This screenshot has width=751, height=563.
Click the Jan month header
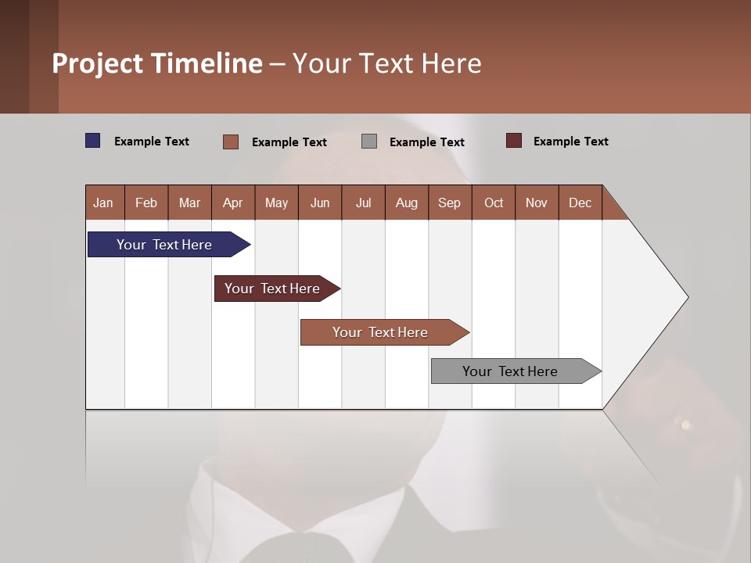(x=103, y=203)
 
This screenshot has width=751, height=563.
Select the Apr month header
(x=232, y=203)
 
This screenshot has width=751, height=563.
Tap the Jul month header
(x=363, y=203)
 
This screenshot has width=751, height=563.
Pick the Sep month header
(x=449, y=203)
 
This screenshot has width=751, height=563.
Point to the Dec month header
(x=580, y=203)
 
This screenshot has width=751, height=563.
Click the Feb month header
(x=146, y=203)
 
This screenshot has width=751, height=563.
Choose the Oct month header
(x=494, y=203)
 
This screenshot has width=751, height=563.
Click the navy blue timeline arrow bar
(x=165, y=245)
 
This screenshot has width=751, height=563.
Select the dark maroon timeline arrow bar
(x=273, y=289)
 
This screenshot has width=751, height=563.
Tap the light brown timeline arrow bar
(x=381, y=332)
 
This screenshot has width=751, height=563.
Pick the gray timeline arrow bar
(x=511, y=371)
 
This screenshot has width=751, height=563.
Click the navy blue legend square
(x=93, y=141)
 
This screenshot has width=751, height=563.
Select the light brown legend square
(x=231, y=142)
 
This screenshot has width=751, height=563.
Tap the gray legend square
(x=369, y=142)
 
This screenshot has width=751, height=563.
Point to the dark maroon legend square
(x=514, y=141)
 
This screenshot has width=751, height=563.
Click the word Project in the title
(x=98, y=63)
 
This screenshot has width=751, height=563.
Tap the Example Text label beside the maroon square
(x=570, y=142)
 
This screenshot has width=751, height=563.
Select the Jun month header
(x=319, y=203)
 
